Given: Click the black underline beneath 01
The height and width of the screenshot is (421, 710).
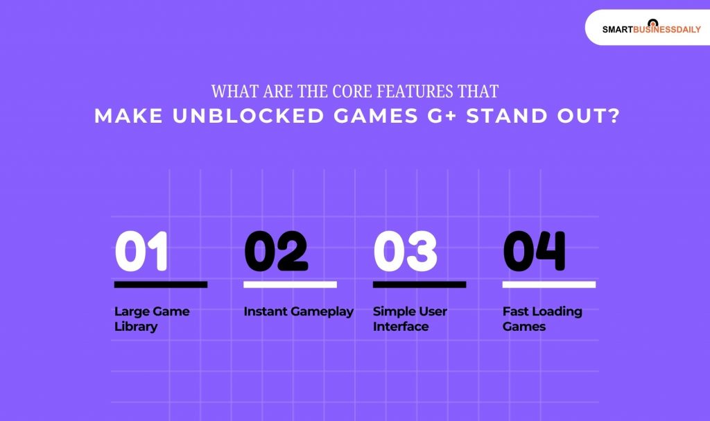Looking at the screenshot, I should [160, 284].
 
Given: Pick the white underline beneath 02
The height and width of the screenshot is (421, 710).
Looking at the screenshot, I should [290, 284].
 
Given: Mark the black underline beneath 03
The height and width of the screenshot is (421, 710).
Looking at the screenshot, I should [419, 284].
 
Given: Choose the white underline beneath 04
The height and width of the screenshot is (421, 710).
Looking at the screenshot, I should [548, 284].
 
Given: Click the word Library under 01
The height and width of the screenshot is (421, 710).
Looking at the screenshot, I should [136, 327].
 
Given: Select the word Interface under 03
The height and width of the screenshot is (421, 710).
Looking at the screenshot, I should [401, 327].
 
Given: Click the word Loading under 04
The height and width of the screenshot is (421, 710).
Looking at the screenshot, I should [556, 311].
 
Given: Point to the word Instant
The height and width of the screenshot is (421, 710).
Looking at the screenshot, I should [266, 311].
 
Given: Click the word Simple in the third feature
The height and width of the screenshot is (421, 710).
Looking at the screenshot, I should [392, 311].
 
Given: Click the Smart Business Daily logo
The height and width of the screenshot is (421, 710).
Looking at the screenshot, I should [651, 28].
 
